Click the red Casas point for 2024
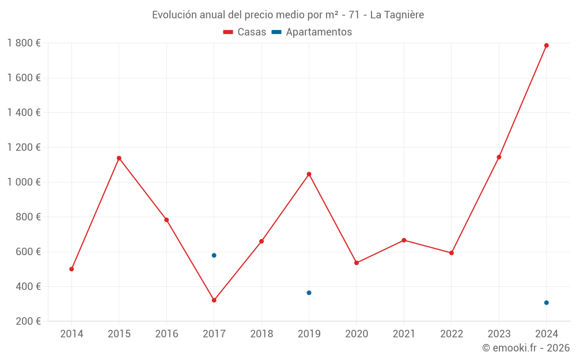click(x=546, y=46)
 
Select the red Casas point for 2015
click(x=119, y=158)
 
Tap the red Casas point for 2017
click(x=214, y=300)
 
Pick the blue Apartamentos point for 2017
click(x=214, y=255)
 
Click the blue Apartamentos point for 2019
click(x=309, y=293)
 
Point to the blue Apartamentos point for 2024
click(x=546, y=302)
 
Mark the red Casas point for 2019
click(x=309, y=174)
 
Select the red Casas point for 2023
click(x=499, y=157)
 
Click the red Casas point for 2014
click(x=71, y=269)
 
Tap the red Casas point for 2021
click(x=404, y=240)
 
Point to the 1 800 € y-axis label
click(x=24, y=43)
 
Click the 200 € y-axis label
click(x=28, y=321)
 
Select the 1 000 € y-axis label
click(x=24, y=182)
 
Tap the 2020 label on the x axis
click(x=356, y=334)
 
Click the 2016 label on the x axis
click(x=166, y=334)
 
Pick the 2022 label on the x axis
click(x=451, y=334)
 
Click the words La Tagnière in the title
click(x=397, y=15)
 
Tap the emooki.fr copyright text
click(x=526, y=348)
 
